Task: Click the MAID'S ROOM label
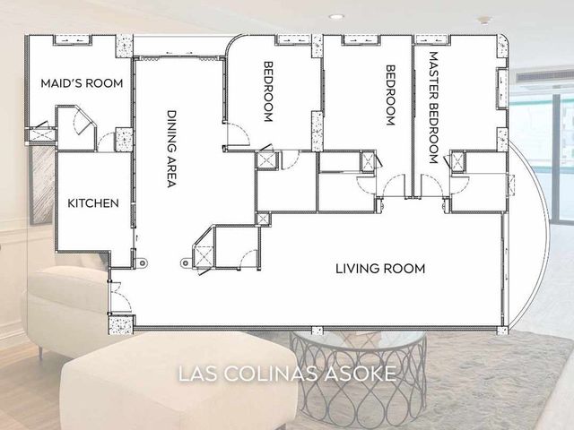pos(82,83)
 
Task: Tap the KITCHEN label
pos(93,203)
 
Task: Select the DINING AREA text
pos(171,149)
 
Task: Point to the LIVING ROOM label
pos(380,269)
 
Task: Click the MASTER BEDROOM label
pos(433,107)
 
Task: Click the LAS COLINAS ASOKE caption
pos(287,374)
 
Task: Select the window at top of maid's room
pos(72,39)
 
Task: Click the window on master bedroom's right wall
pos(501,88)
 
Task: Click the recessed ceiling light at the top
pos(336,16)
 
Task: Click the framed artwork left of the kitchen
pos(41,185)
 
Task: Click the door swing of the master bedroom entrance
pos(432,185)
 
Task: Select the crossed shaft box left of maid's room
pos(41,135)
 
